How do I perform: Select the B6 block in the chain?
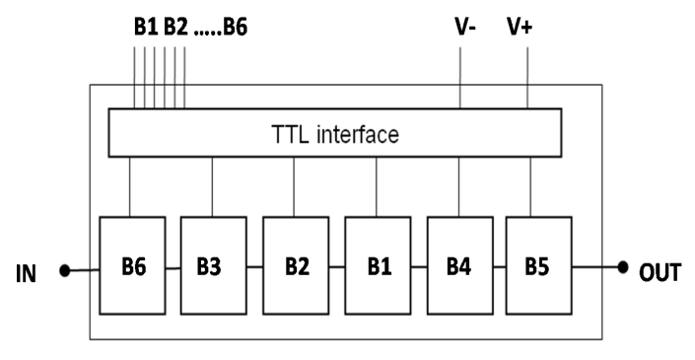(x=134, y=266)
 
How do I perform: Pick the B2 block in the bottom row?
(x=296, y=266)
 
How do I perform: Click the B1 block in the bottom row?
(x=377, y=266)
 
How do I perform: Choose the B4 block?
(x=457, y=266)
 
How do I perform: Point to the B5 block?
(x=536, y=266)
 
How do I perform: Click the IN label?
(x=26, y=272)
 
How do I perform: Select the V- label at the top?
(x=464, y=27)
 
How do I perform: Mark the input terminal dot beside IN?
(x=65, y=269)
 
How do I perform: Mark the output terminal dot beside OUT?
(x=623, y=267)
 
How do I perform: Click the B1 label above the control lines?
(x=145, y=27)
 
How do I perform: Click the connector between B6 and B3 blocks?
(x=174, y=266)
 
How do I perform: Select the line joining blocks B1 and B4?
(x=417, y=266)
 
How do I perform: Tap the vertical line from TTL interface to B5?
(x=532, y=186)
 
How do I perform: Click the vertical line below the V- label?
(x=461, y=74)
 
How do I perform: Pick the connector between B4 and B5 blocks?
(x=498, y=266)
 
